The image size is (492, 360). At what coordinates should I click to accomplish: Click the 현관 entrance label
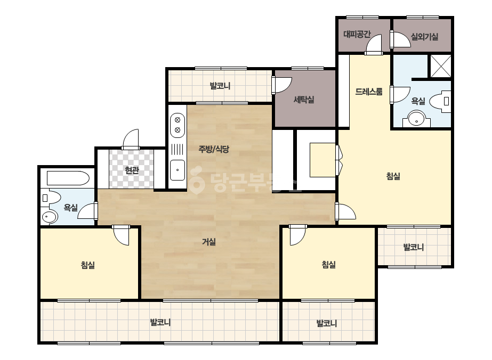click(132, 170)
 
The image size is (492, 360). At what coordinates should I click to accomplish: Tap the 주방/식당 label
click(214, 149)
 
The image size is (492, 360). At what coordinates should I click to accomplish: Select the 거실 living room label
click(208, 242)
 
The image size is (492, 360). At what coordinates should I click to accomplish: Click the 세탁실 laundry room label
click(304, 100)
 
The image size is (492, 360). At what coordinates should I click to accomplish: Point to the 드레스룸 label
click(369, 92)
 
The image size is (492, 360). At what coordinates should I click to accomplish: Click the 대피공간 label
click(357, 34)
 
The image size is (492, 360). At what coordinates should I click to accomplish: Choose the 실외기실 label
click(424, 37)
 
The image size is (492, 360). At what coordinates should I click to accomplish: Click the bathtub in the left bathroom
click(68, 178)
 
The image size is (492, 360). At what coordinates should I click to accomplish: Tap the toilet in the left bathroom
click(51, 198)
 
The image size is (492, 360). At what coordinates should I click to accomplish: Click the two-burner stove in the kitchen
click(178, 125)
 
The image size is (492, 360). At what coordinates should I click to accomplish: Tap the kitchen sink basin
click(178, 170)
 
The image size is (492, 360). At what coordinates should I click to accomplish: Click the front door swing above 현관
click(131, 139)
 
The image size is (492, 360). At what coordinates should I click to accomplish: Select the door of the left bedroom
click(121, 235)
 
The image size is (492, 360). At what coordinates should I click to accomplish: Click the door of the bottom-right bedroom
click(297, 235)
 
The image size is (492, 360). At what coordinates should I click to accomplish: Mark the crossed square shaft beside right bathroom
click(441, 66)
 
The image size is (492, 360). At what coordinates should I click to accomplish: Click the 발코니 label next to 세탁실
click(220, 86)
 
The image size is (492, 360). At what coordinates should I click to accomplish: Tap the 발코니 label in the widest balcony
click(160, 322)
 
